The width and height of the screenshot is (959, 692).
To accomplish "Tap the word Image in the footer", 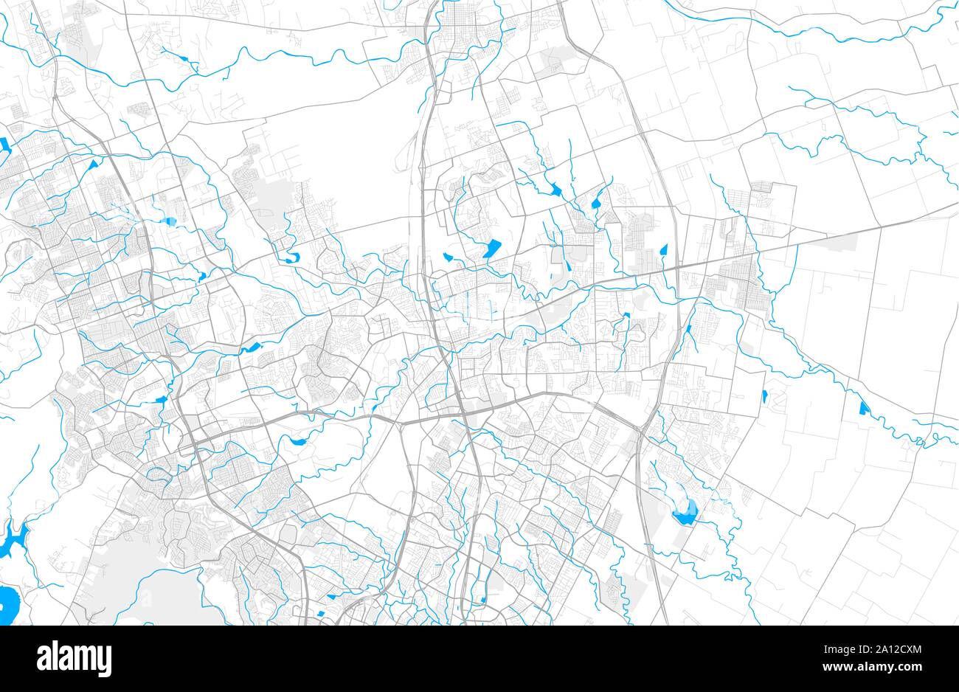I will coord(834,649).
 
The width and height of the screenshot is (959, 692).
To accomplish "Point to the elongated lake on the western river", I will coord(252,347).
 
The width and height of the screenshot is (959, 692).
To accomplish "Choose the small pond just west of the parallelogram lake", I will coord(447,257).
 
